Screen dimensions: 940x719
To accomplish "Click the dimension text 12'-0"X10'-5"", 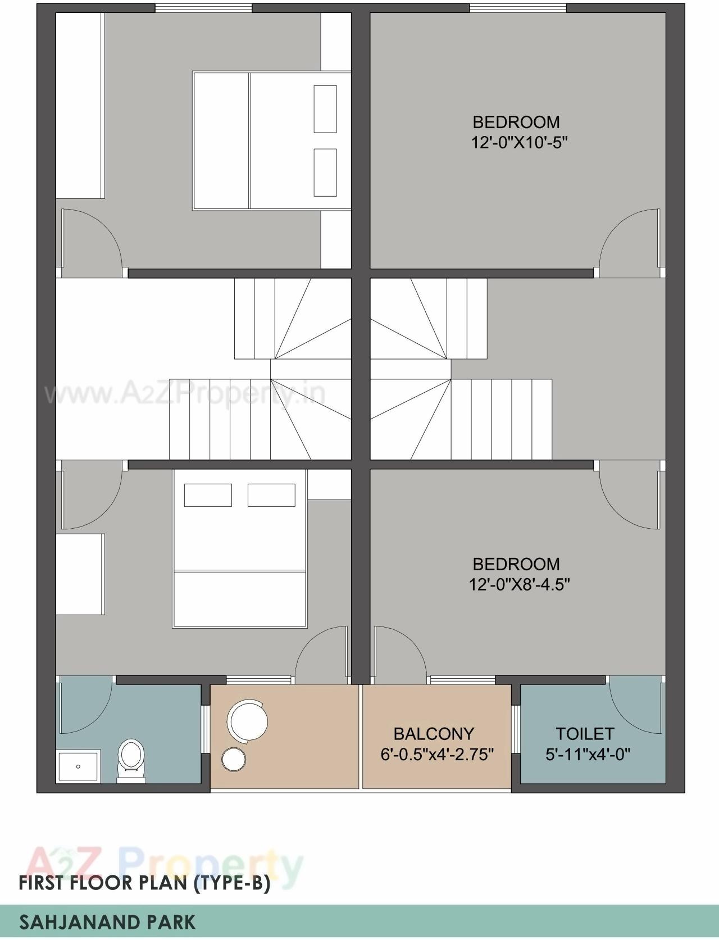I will point(519,143).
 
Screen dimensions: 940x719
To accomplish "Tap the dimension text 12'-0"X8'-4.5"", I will point(519,585).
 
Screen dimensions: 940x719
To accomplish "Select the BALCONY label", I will point(433,734).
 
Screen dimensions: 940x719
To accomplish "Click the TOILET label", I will point(585,734).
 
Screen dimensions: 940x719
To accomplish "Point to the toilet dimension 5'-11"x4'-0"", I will point(588,754).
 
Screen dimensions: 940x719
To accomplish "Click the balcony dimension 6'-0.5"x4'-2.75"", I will point(437,754).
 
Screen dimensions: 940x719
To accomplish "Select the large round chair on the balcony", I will point(247,720).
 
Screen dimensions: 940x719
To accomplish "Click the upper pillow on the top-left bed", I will point(325,109).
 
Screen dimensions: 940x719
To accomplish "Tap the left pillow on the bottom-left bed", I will point(208,495).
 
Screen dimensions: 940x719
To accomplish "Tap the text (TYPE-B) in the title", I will point(231,883).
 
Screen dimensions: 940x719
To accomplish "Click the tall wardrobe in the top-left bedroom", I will point(80,106).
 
